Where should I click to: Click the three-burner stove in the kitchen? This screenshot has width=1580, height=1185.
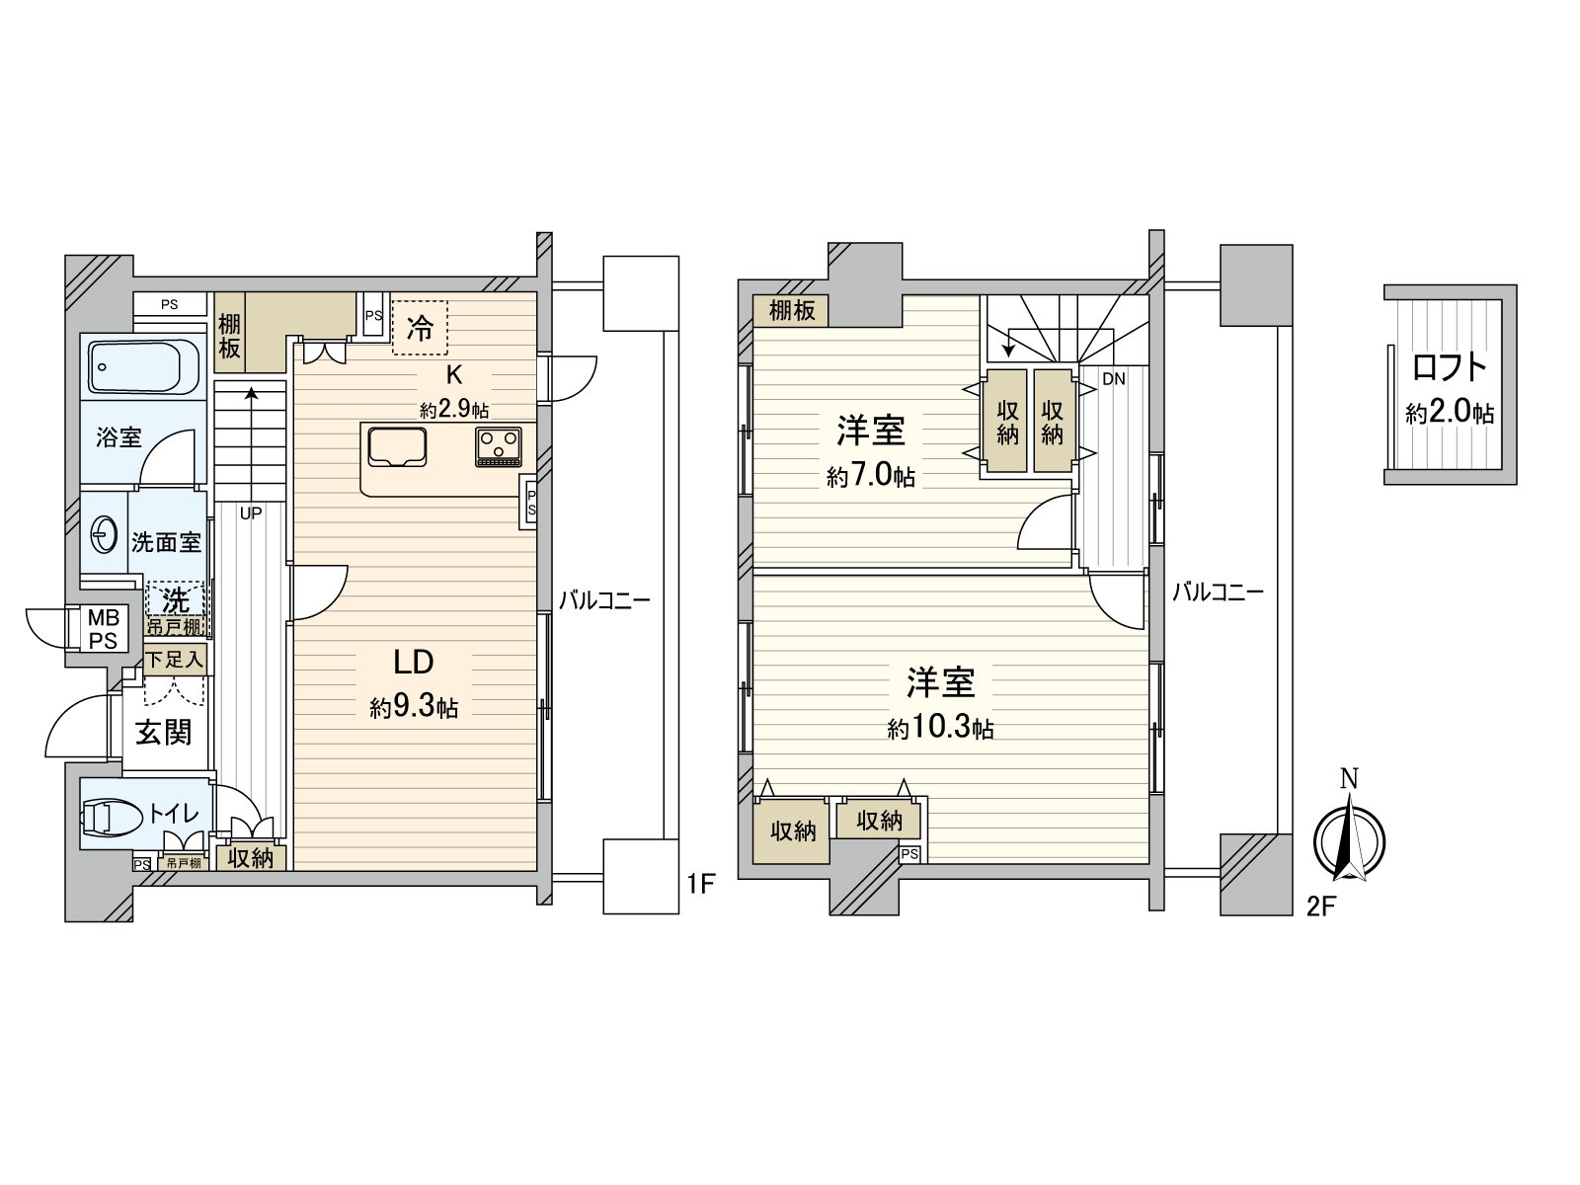pyautogui.click(x=499, y=446)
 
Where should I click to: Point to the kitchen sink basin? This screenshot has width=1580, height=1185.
pyautogui.click(x=397, y=446)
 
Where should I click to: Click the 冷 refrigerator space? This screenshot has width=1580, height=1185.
pyautogui.click(x=420, y=328)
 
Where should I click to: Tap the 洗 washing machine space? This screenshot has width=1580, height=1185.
pyautogui.click(x=176, y=600)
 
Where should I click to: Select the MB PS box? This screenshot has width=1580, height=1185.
pyautogui.click(x=103, y=629)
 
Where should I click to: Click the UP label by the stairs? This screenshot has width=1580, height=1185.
pyautogui.click(x=250, y=513)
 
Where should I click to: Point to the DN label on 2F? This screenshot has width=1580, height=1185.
pyautogui.click(x=1113, y=378)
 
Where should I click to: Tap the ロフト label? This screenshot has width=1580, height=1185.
pyautogui.click(x=1450, y=367)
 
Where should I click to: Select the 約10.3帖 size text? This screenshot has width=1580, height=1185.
pyautogui.click(x=940, y=730)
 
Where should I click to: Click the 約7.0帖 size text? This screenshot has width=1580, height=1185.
pyautogui.click(x=870, y=478)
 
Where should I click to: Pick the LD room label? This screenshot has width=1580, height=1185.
pyautogui.click(x=415, y=662)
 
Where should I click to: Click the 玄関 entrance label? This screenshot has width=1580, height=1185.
pyautogui.click(x=163, y=733)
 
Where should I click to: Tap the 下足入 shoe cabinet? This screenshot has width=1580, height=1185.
pyautogui.click(x=176, y=659)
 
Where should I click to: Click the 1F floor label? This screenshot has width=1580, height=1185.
pyautogui.click(x=700, y=884)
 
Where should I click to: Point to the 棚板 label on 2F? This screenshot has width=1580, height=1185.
pyautogui.click(x=792, y=310)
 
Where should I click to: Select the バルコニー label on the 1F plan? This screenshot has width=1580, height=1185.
pyautogui.click(x=604, y=599)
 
